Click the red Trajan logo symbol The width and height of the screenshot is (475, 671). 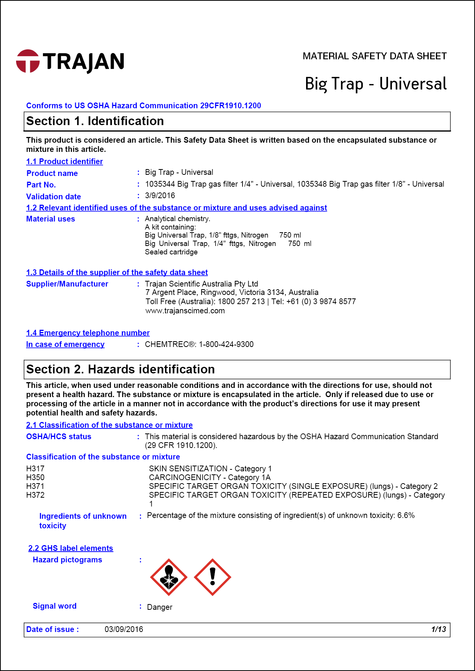tap(28, 61)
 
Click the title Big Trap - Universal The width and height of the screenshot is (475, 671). tap(375, 84)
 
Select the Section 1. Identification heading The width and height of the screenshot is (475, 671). tap(95, 121)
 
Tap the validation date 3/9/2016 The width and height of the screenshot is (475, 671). tap(160, 195)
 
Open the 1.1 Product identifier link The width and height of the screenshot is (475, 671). tap(64, 161)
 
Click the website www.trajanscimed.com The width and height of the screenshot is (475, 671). tap(185, 311)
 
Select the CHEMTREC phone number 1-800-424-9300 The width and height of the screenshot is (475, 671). tap(226, 344)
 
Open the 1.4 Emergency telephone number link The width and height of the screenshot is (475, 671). tap(88, 333)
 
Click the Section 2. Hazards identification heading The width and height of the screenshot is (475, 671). tap(120, 370)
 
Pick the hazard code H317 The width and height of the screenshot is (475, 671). tap(35, 469)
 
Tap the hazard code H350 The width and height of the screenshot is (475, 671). tap(35, 477)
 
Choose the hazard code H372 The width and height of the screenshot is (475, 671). tap(35, 495)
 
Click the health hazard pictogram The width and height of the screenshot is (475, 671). tap(169, 577)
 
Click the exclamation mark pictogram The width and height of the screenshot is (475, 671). tap(213, 577)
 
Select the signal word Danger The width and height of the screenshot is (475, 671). tap(159, 607)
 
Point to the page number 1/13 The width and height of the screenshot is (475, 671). tap(439, 629)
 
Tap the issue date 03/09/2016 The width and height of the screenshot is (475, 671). tap(124, 629)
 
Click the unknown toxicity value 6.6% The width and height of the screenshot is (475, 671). tap(406, 515)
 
